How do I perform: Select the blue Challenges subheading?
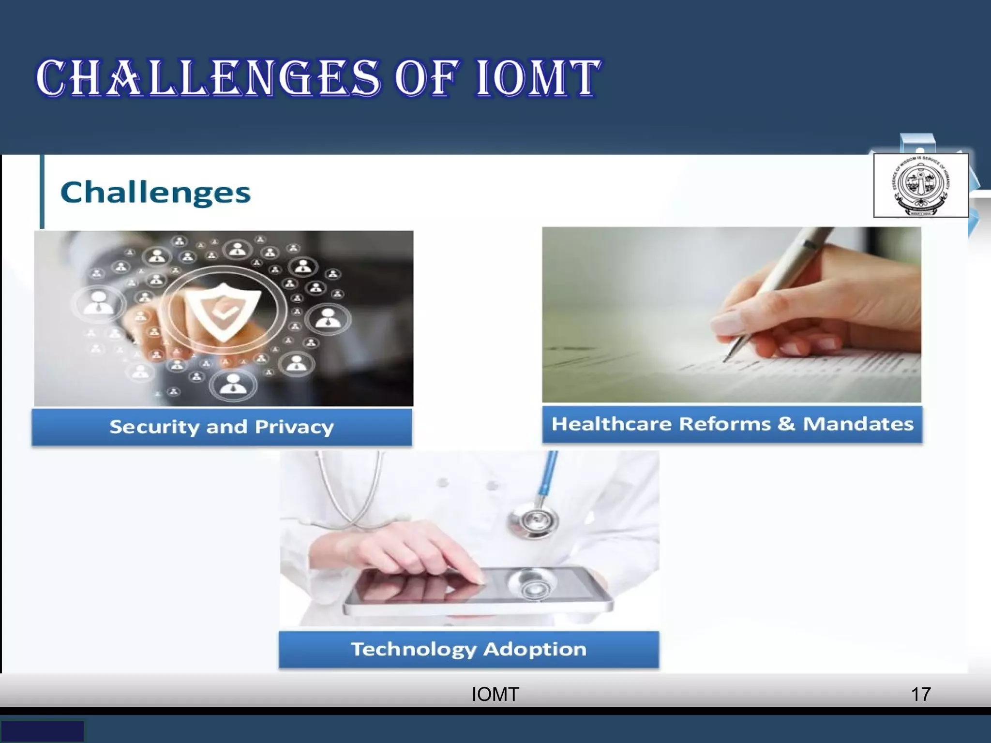[155, 193]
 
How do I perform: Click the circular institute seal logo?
[920, 186]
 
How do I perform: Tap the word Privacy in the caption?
[294, 427]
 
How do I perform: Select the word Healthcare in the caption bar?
[612, 424]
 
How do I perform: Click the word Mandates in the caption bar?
[858, 424]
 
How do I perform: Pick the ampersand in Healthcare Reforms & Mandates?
[786, 424]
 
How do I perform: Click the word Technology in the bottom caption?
[413, 649]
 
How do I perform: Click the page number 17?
[920, 694]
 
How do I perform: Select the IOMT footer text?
[495, 694]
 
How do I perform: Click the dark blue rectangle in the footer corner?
[42, 731]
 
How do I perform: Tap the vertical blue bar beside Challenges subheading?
[42, 192]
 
